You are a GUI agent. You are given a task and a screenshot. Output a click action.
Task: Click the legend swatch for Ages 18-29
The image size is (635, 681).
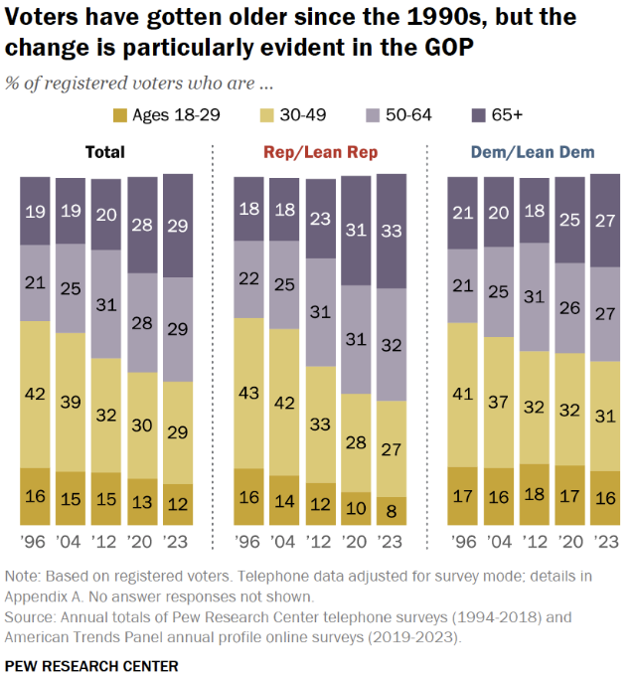(119, 114)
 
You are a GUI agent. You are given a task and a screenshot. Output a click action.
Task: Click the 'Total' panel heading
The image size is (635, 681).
(104, 152)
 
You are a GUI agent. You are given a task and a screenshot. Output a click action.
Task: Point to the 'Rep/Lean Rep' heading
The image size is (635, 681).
(321, 152)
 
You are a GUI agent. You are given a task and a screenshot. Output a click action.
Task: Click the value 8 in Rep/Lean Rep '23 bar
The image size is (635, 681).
(392, 511)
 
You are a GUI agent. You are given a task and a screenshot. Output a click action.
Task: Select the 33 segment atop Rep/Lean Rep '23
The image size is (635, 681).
(392, 231)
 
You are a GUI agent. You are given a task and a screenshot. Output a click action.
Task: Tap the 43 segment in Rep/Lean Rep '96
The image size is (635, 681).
(248, 393)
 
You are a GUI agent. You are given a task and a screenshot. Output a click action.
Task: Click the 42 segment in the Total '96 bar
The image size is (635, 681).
(35, 394)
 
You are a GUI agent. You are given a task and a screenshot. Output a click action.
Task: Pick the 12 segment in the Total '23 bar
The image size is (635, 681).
(178, 504)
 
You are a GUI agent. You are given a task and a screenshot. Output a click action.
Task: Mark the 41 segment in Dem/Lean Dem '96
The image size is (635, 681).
(463, 395)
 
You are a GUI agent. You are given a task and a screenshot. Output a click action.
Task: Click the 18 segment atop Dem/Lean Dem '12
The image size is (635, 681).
(535, 210)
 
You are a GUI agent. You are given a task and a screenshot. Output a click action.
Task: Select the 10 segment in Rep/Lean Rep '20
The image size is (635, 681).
(356, 508)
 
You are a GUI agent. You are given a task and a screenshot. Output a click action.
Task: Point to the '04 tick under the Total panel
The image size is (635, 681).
(71, 544)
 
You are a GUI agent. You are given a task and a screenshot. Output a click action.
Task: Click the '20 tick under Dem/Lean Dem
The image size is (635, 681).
(570, 544)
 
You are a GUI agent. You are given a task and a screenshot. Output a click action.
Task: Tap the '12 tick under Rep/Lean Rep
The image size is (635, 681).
(320, 544)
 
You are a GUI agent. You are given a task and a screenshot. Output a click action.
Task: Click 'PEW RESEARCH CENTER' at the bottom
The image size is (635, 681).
(91, 664)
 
